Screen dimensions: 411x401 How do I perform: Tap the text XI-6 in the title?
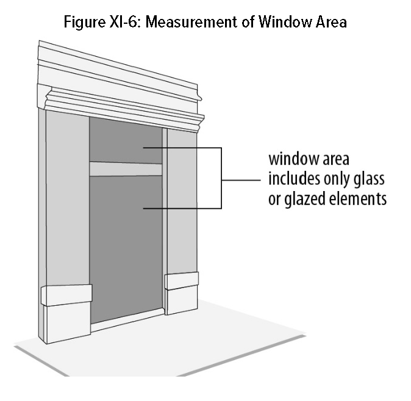click(127, 23)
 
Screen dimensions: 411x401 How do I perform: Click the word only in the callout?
click(329, 181)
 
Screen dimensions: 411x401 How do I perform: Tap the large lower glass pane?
click(125, 244)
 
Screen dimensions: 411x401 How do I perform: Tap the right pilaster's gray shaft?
click(181, 201)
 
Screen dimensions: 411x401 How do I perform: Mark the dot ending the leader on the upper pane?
click(144, 148)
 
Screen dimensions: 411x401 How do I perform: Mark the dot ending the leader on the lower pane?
click(144, 209)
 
